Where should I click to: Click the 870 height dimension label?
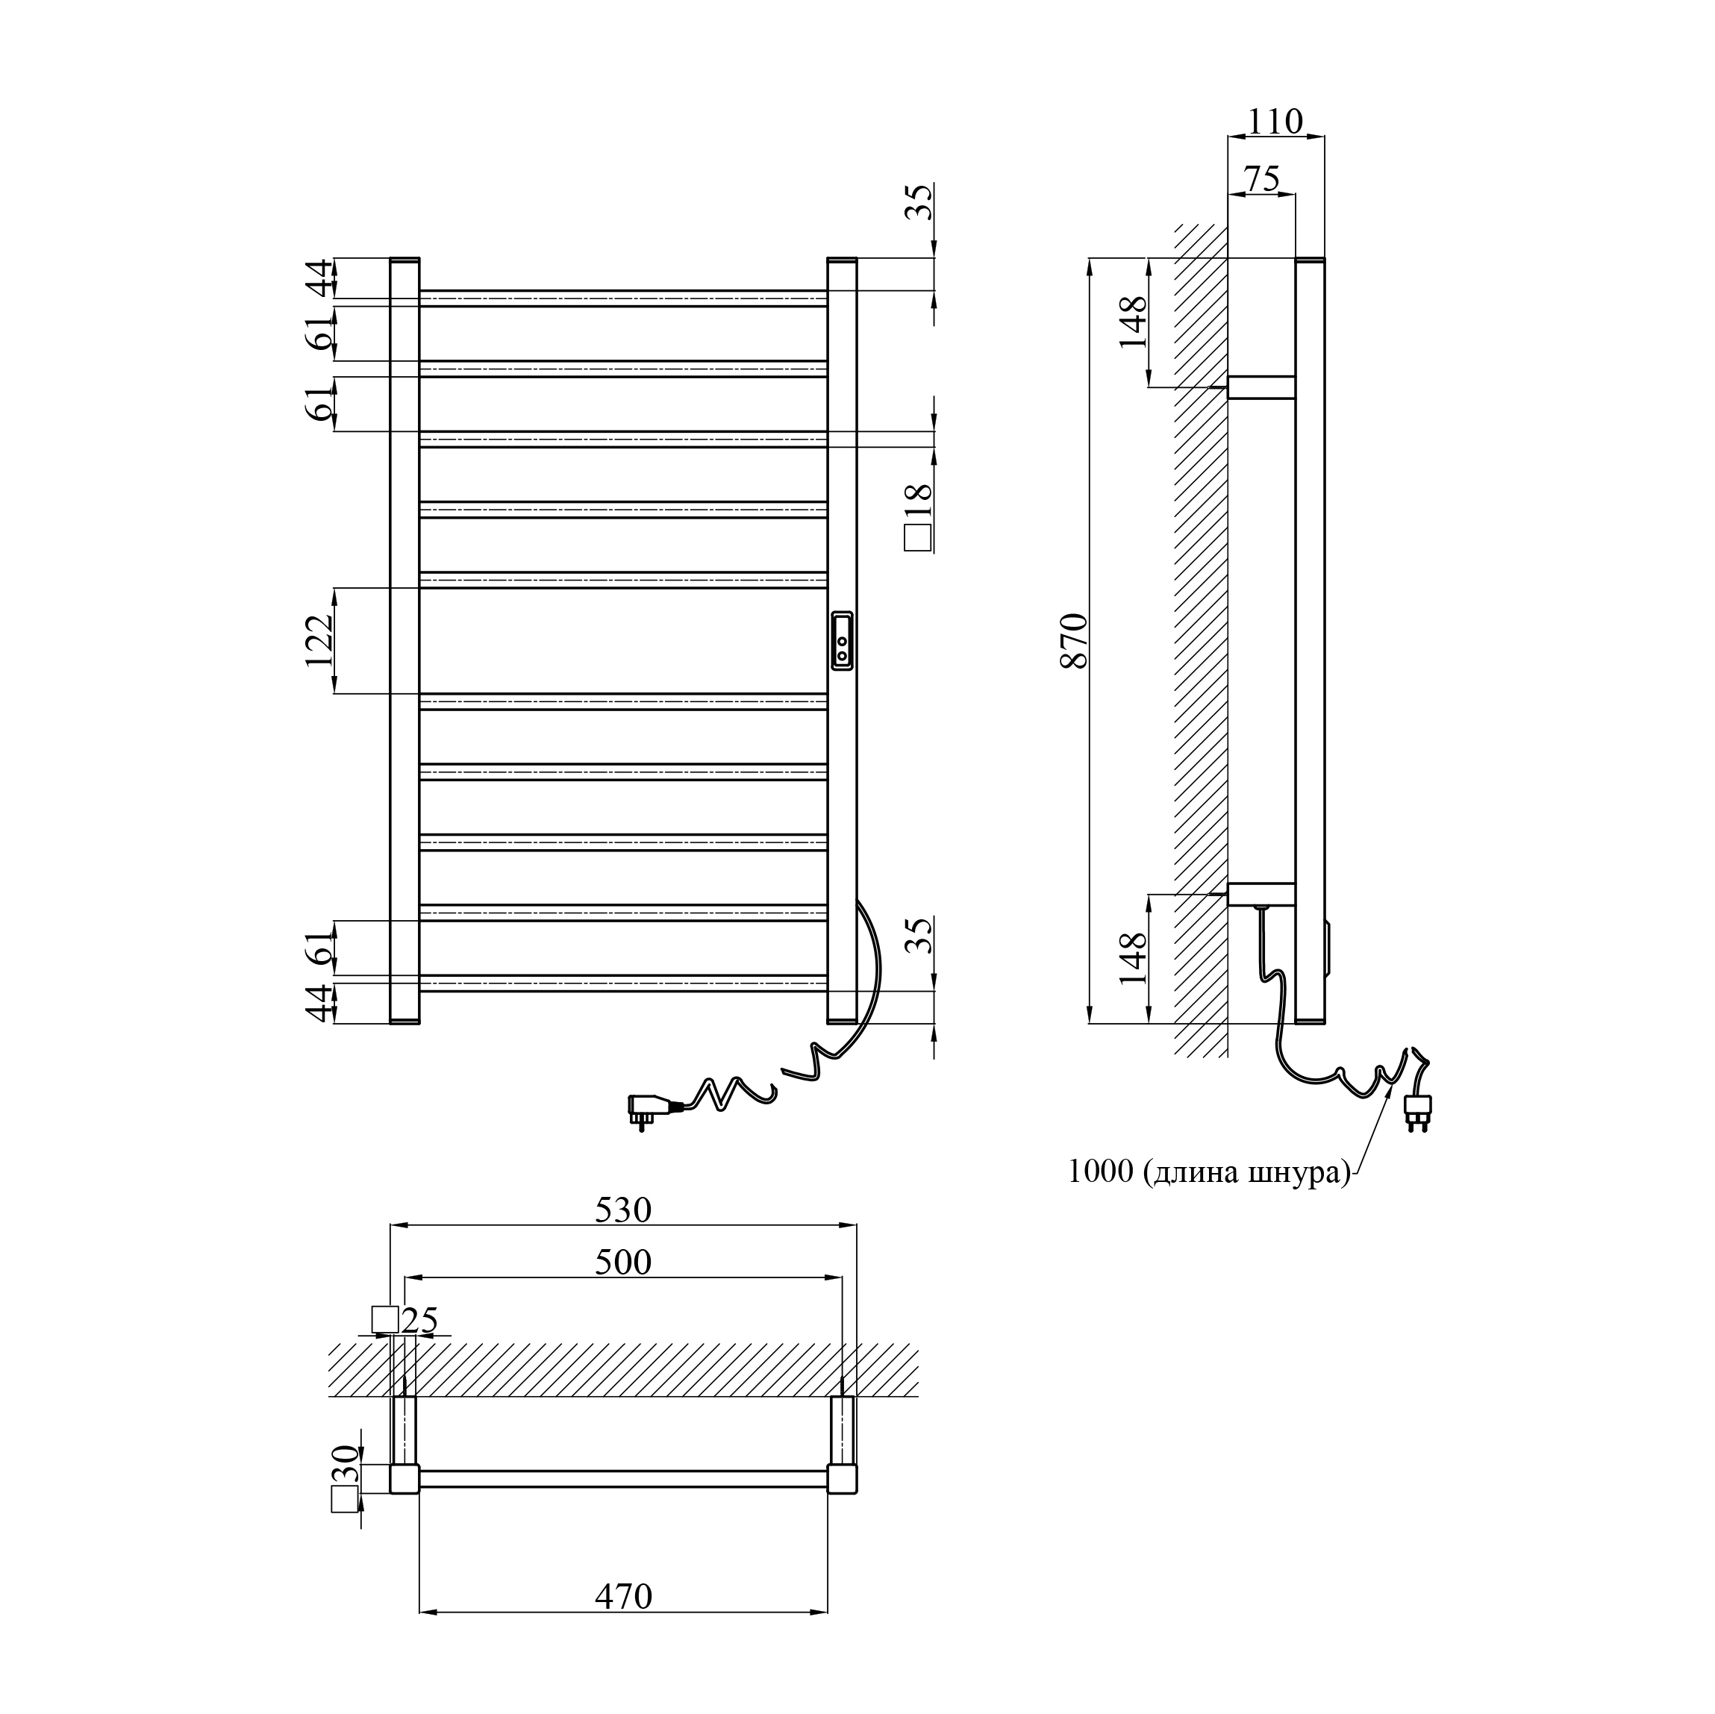coord(1074,641)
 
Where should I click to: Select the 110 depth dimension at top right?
coord(1275,122)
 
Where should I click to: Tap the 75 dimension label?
coord(1261,179)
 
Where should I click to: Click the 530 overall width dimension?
coord(623,1210)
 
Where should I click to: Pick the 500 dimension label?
coord(623,1263)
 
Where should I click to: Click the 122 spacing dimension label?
coord(319,641)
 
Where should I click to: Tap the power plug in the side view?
coord(1418,1109)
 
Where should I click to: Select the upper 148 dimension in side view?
coord(1134,322)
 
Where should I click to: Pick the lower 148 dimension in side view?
coord(1134,958)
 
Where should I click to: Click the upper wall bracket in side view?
coord(1261,387)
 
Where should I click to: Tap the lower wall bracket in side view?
coord(1261,894)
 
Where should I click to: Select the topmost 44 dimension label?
coord(319,277)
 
